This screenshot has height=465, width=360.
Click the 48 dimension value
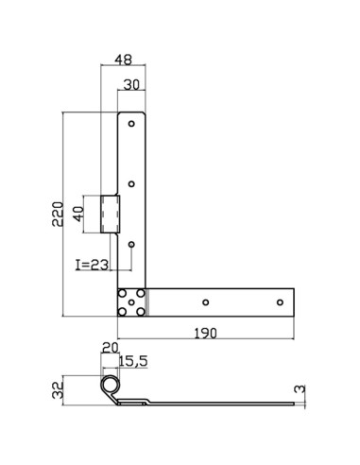[123, 60]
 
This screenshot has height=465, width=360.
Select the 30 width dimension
[131, 84]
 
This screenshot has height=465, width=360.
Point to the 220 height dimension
[58, 214]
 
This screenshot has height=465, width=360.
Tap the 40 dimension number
[78, 214]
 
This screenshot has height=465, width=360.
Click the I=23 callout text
[93, 266]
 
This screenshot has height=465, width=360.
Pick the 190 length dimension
[205, 333]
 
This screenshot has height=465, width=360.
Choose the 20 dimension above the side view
[110, 348]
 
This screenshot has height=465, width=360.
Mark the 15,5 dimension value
[133, 361]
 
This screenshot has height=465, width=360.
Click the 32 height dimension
[58, 390]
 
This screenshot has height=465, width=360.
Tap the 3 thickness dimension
[300, 388]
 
